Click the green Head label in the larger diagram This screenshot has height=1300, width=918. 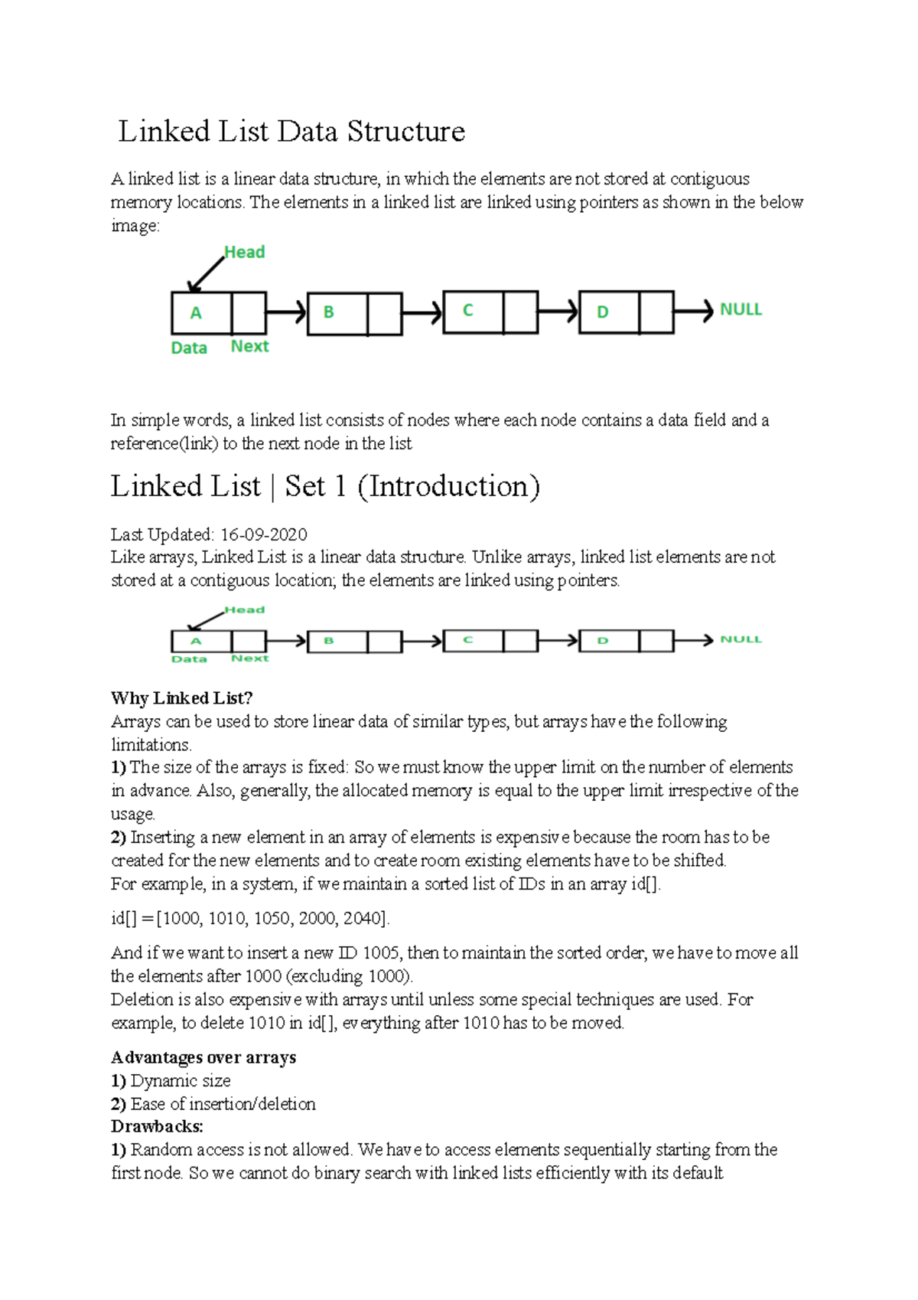244,253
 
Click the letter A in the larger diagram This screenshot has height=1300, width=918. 196,313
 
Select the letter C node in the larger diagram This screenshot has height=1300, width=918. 468,311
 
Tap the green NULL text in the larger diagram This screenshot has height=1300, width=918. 741,310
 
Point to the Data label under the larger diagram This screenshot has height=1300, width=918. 189,348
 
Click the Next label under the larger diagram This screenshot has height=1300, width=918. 249,347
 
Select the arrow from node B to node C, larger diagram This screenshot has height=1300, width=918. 422,312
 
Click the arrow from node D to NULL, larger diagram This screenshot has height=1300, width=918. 693,312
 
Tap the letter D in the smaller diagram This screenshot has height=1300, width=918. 603,641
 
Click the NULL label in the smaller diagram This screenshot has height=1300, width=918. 741,639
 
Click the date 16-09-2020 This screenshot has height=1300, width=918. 264,534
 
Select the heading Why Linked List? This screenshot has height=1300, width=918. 181,698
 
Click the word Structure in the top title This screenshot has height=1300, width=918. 405,132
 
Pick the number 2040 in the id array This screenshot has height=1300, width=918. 362,919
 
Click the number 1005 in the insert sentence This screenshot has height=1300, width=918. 380,953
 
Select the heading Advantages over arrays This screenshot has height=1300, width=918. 203,1058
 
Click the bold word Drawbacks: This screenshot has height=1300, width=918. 157,1127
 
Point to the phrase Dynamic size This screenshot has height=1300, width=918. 181,1081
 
